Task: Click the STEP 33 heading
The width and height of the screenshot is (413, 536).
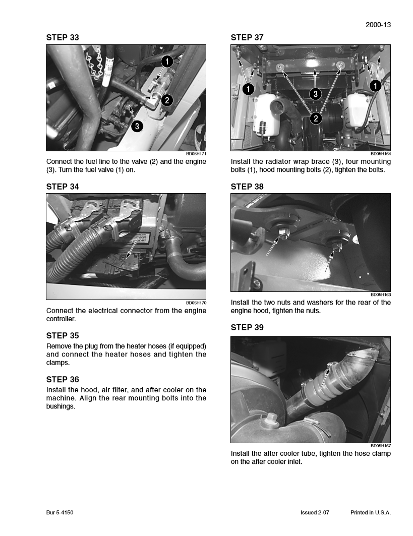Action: coord(63,37)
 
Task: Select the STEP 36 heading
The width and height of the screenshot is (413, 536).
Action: coord(63,379)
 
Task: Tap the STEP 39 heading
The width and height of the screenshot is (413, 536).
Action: coord(247,327)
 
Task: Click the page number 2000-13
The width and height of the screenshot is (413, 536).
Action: coord(379,24)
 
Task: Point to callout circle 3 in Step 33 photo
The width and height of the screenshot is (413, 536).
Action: coord(137,126)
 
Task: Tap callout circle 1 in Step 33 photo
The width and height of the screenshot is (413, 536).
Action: coord(167,62)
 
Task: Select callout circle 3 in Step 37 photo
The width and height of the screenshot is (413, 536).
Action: coord(315,93)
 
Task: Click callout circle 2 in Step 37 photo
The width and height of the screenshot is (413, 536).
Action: coord(315,118)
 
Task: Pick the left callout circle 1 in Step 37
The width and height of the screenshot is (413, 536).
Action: coord(248,89)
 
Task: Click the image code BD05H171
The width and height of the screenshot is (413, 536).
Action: coord(196,153)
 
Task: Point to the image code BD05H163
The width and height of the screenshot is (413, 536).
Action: coord(381,294)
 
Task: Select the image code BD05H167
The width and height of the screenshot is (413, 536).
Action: coord(381,446)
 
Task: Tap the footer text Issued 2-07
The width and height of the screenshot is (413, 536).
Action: coord(315,512)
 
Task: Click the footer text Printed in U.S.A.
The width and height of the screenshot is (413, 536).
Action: coord(371,512)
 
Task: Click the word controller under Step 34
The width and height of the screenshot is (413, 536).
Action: coord(61,319)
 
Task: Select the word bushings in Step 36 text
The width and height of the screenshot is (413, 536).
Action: coord(61,406)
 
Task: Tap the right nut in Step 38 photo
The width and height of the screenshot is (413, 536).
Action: coord(335,246)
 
